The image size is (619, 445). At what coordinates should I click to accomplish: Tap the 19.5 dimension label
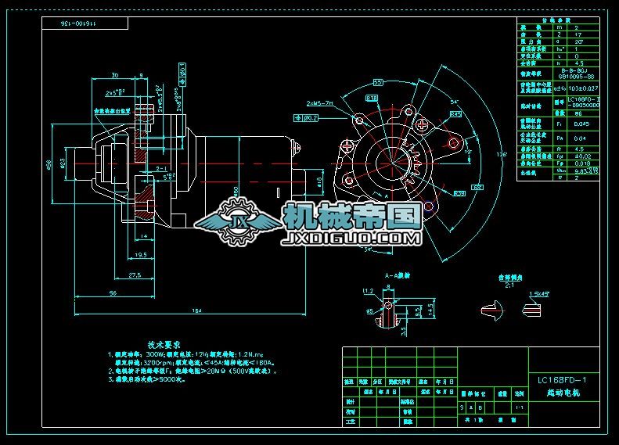[x=140, y=255]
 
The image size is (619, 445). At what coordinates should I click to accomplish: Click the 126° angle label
[x=502, y=153]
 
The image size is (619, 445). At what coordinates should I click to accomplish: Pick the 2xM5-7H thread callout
[x=318, y=102]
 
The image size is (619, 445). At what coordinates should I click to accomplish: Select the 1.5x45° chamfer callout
[x=538, y=294]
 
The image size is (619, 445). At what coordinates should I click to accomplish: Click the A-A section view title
[x=398, y=275]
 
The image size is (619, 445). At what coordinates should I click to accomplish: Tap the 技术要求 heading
[x=164, y=343]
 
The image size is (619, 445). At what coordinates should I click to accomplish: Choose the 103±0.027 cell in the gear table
[x=581, y=89]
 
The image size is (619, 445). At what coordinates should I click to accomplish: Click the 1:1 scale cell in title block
[x=520, y=407]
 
